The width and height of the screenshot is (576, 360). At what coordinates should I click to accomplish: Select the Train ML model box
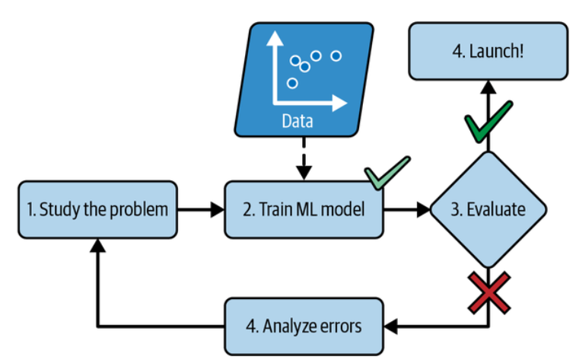click(304, 209)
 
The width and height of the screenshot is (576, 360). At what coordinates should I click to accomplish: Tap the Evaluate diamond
click(488, 209)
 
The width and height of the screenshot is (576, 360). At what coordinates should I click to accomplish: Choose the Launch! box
click(488, 51)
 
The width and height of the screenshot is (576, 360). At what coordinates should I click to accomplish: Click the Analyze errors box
click(304, 326)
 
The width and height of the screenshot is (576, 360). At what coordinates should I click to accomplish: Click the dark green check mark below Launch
click(488, 122)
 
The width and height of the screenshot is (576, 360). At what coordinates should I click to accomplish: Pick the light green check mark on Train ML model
click(387, 172)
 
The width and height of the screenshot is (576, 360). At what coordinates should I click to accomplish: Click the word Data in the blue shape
click(297, 121)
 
